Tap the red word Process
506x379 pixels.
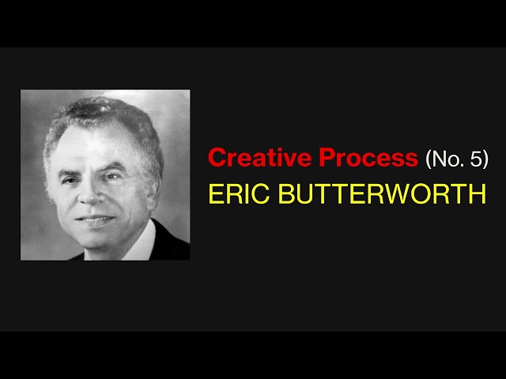368,158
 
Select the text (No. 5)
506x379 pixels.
457,159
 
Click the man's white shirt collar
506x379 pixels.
142,243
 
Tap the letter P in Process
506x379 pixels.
327,158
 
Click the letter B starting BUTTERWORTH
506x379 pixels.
284,194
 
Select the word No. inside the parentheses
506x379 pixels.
445,159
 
